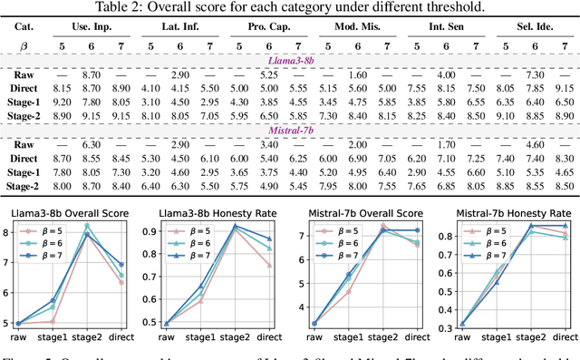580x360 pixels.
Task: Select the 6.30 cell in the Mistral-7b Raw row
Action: [x=110, y=145]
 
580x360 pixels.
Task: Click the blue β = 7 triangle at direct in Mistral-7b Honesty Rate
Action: [x=567, y=226]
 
